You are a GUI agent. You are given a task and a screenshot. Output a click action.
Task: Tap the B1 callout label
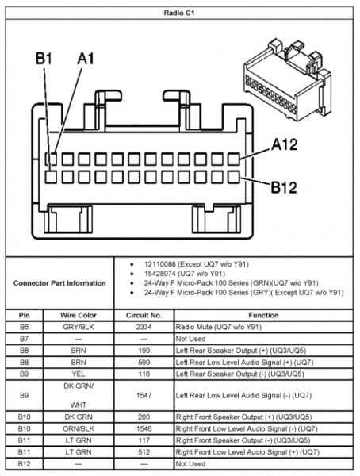click(44, 58)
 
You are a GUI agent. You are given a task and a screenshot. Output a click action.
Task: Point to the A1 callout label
click(86, 58)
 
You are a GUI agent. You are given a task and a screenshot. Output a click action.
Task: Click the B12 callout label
click(286, 187)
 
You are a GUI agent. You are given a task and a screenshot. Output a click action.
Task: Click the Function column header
click(262, 314)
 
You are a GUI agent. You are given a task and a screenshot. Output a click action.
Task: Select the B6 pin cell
click(25, 326)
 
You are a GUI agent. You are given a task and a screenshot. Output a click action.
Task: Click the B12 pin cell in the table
click(25, 463)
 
